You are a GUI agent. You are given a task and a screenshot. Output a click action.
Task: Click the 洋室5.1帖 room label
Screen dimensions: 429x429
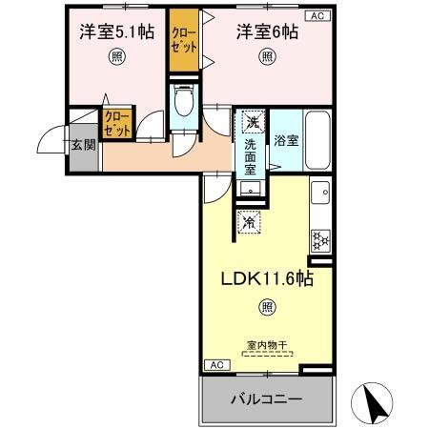coord(117,30)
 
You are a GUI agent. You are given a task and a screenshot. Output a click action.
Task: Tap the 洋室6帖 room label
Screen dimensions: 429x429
coord(266,30)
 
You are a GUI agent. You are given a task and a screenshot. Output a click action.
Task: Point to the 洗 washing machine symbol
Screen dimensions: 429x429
coord(251,122)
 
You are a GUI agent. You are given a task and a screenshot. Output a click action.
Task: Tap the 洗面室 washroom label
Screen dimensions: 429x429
coord(250,157)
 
